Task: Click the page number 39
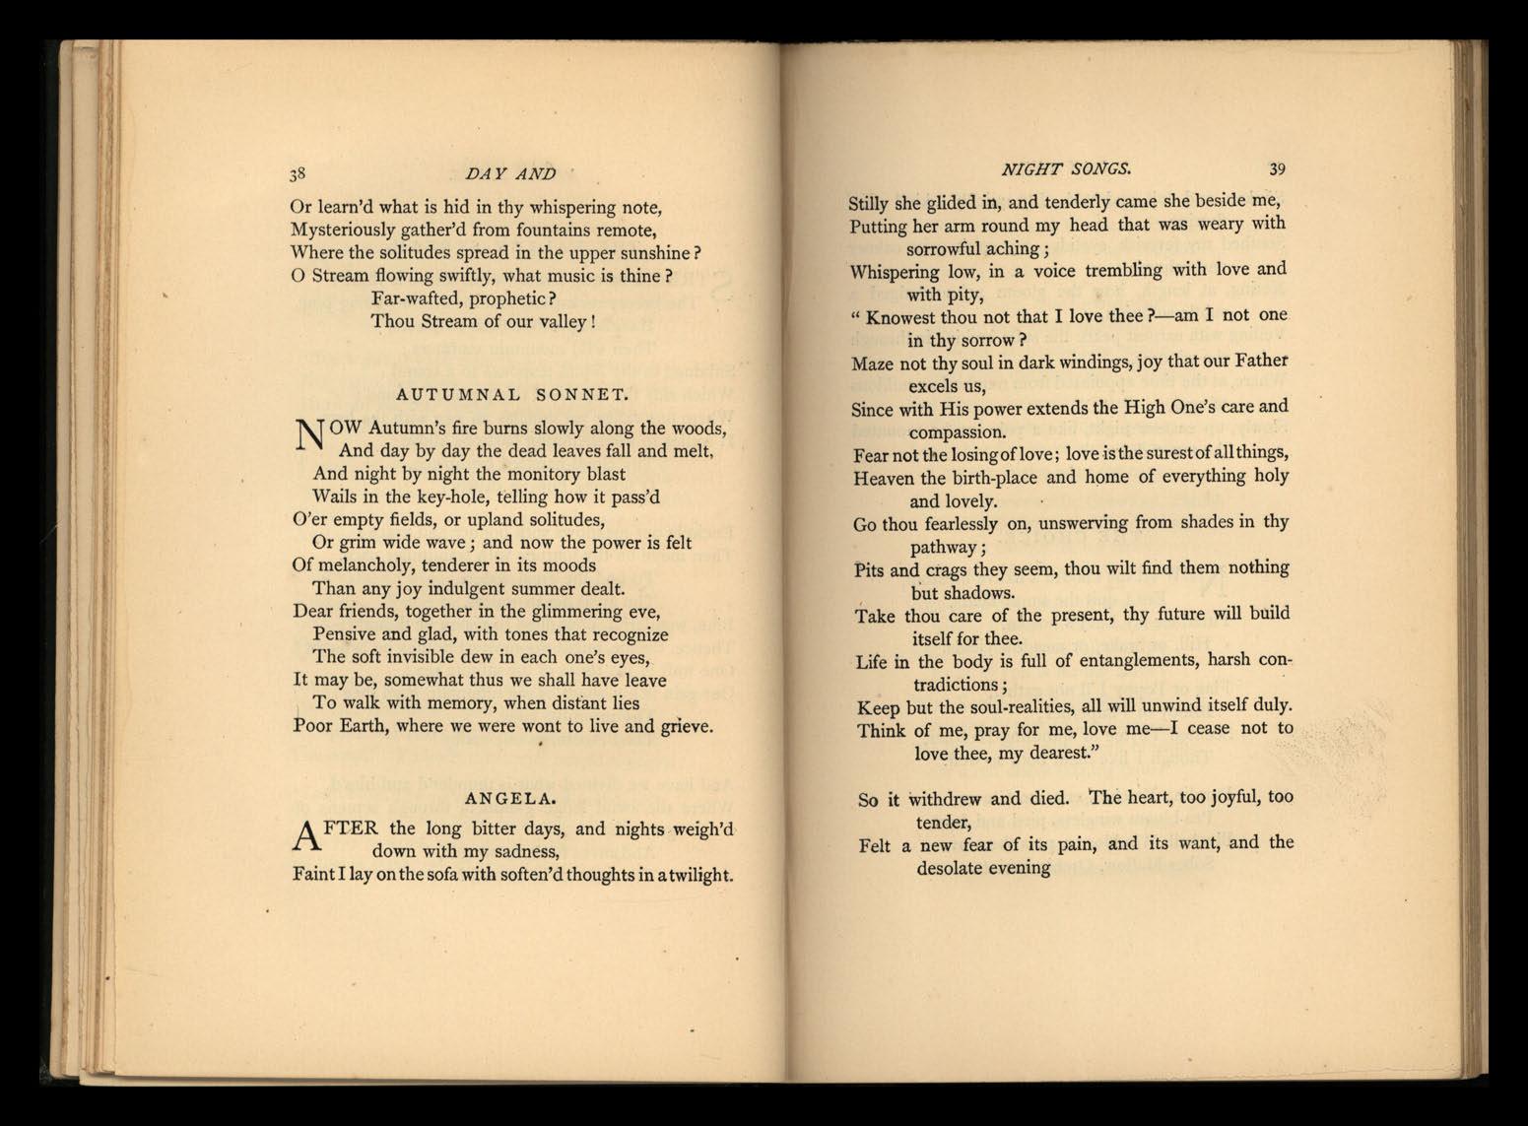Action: (x=1277, y=168)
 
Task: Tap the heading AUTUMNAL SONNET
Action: (x=511, y=395)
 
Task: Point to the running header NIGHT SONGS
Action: (x=1066, y=169)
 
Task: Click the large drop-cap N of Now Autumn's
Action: (x=308, y=435)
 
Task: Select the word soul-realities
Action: (x=1007, y=706)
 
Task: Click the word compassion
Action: (x=957, y=432)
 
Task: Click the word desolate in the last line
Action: (x=955, y=868)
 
